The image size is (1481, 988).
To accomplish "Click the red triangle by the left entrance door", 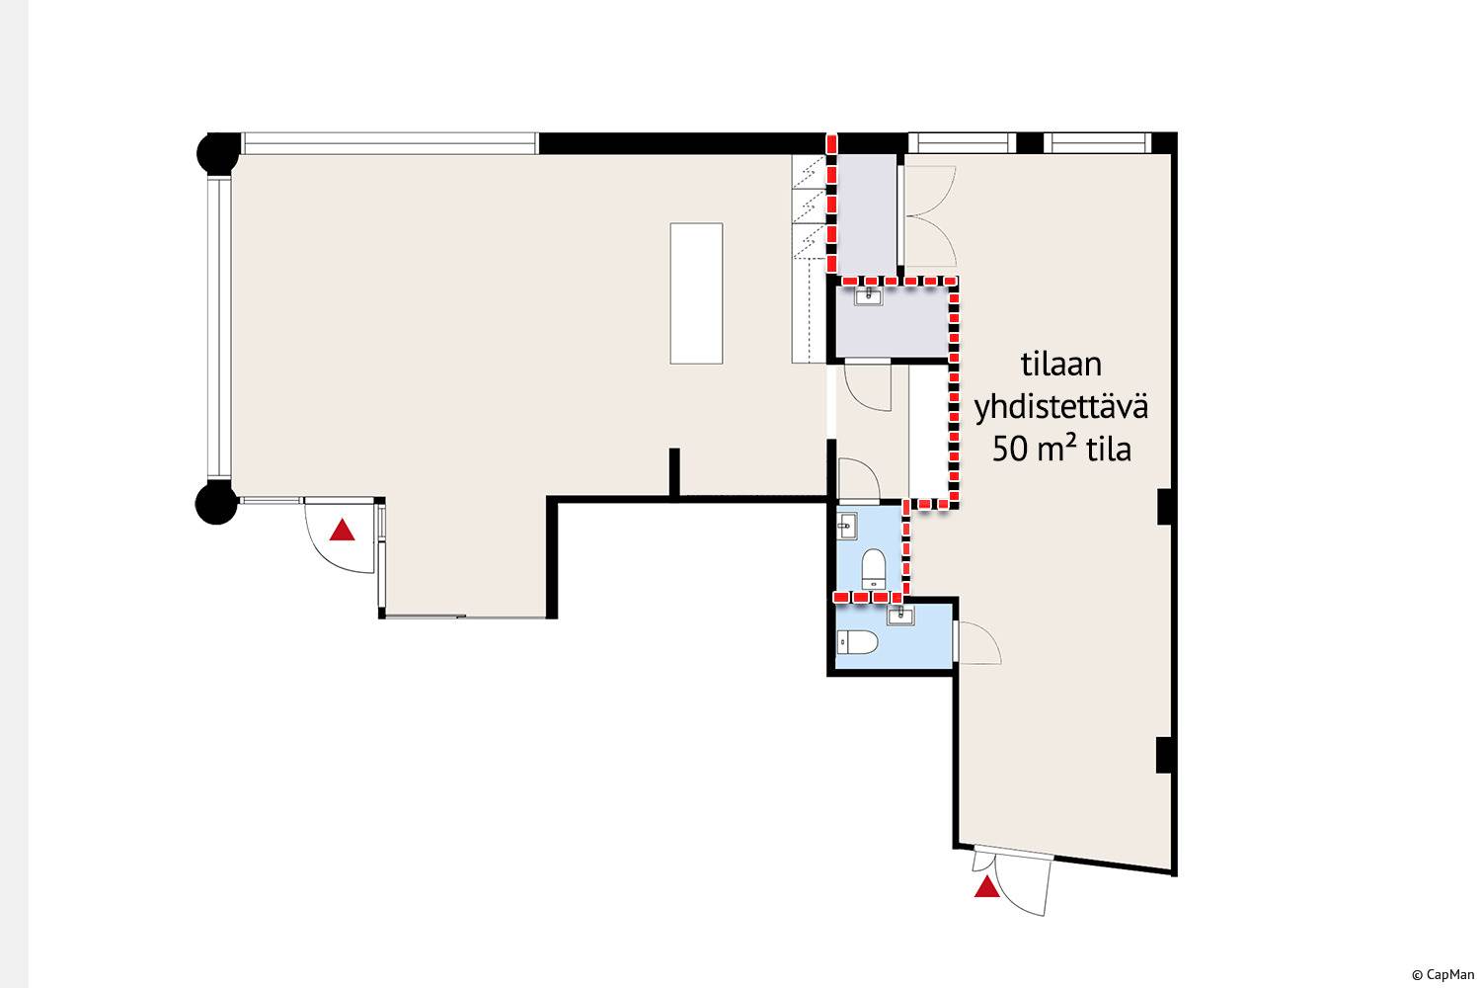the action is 342,531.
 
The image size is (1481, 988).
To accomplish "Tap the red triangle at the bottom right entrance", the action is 987,887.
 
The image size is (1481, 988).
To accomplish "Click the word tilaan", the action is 1061,365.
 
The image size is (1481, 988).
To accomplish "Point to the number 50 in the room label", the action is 1010,450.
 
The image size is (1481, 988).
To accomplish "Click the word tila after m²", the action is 1110,450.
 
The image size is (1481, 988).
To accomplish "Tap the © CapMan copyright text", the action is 1442,975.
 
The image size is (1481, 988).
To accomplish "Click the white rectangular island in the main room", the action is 696,293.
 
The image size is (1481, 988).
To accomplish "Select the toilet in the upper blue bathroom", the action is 874,568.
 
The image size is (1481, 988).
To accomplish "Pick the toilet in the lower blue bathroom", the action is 858,642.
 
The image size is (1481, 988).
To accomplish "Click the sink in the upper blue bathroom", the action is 847,527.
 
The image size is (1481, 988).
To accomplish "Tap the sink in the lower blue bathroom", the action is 900,616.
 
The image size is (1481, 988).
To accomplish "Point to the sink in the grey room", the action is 868,295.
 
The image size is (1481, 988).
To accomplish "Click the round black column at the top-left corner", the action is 218,153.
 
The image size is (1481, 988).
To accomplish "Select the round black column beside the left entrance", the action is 216,502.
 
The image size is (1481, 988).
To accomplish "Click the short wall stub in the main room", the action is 674,472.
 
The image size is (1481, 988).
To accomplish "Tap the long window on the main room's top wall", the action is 390,143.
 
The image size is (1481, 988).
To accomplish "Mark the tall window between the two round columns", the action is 218,328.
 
